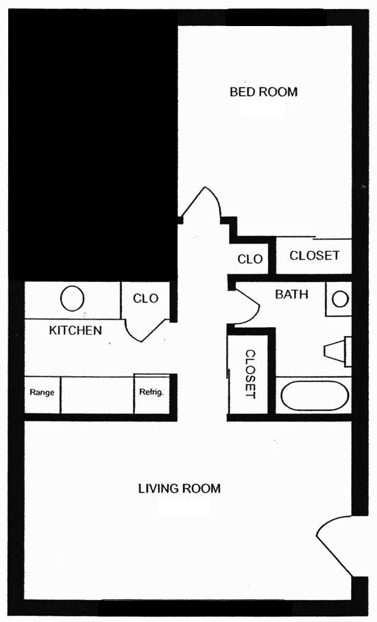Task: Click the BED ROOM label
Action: coord(263,92)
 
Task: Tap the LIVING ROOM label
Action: coord(179,489)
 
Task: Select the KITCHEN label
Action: coord(75,331)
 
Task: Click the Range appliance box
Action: coord(42,395)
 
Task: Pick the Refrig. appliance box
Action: coord(151,394)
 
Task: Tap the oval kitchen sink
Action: coord(72,299)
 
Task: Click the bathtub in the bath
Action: coord(315,395)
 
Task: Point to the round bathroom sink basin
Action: coord(340,299)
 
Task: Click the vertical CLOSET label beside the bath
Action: coord(250,374)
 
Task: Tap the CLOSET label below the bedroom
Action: coord(314,255)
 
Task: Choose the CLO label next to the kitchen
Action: coord(145,298)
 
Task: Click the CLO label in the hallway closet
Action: coord(250,259)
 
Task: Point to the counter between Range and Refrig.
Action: coord(97,395)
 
